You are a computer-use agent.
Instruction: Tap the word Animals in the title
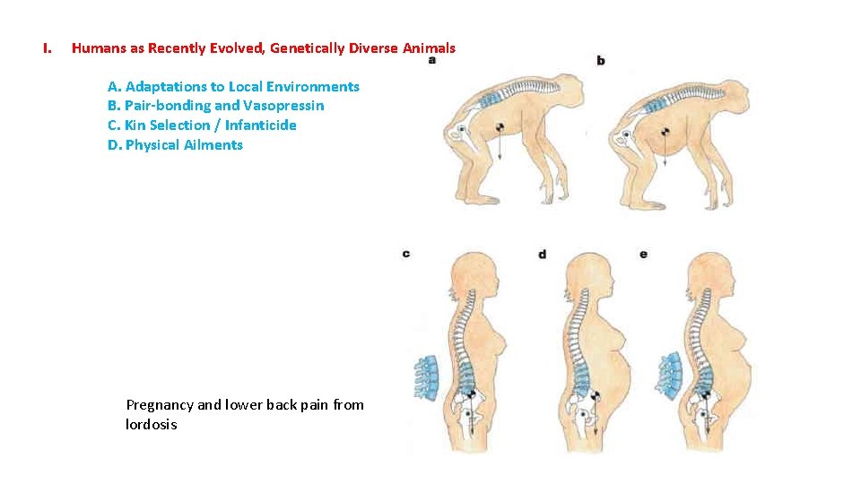coord(429,48)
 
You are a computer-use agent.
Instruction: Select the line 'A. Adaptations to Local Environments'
coord(233,87)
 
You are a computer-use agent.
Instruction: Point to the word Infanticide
coord(261,125)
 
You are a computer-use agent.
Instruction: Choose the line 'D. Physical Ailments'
coord(175,145)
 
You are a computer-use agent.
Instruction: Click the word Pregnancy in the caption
coord(160,405)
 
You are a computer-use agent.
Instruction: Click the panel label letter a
coord(432,60)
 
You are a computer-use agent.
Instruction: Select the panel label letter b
coord(600,60)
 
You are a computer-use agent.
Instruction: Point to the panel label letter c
coord(406,254)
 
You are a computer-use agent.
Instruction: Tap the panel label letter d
coord(542,255)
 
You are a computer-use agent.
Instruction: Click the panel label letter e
coord(643,255)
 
